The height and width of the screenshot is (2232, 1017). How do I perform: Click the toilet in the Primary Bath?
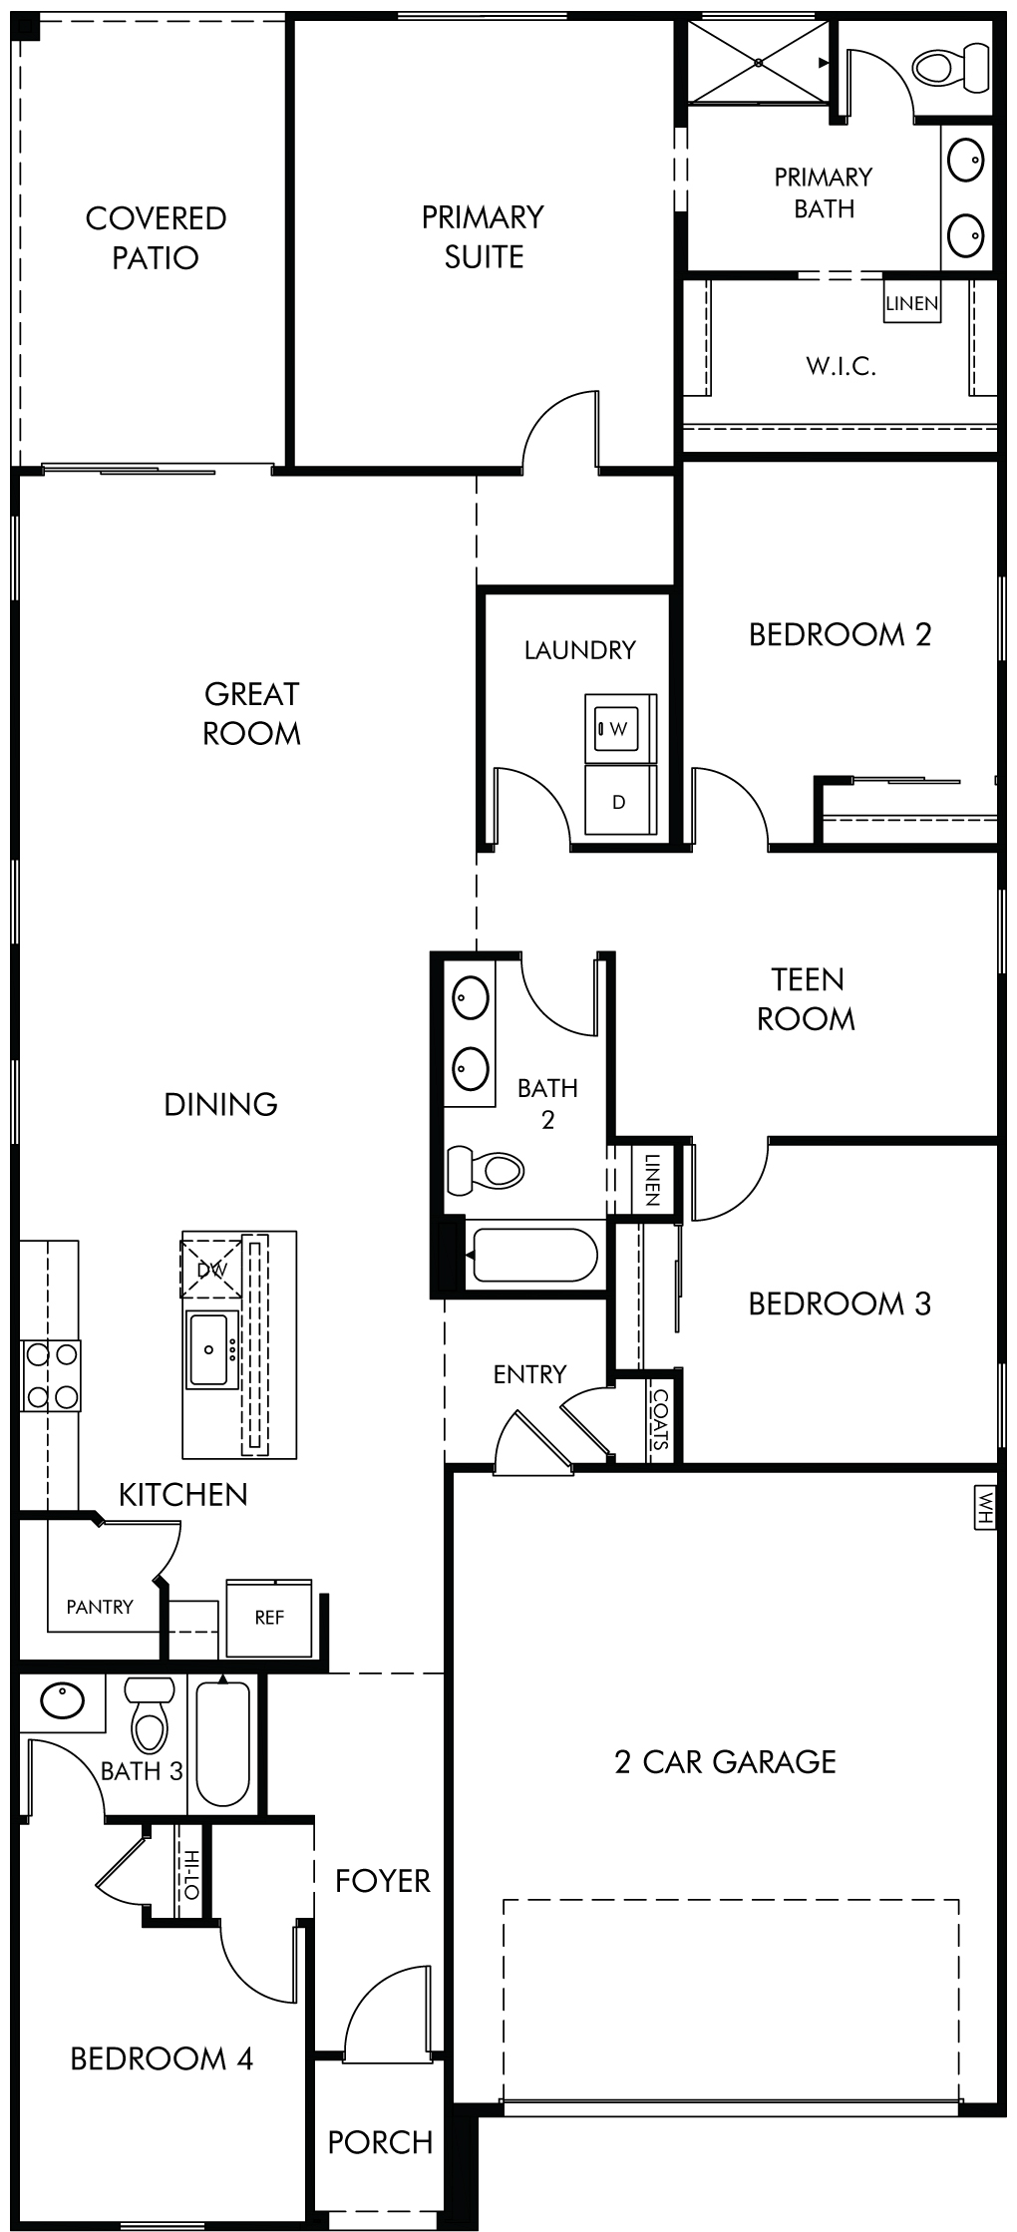pos(951,67)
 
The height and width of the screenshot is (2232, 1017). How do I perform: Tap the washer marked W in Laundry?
pos(620,729)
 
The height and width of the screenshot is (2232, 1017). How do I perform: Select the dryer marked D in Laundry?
pos(620,801)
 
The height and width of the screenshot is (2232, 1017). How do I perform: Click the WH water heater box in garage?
pos(985,1507)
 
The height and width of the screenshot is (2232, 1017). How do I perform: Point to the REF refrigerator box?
pos(269,1618)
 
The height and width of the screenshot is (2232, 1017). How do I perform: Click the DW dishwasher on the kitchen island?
pos(211,1270)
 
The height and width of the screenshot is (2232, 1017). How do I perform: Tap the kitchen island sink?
pos(210,1349)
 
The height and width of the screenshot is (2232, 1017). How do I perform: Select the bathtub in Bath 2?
pos(534,1255)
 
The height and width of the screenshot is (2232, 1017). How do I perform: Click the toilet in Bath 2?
pos(487,1170)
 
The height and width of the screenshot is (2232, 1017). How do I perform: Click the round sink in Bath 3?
pos(62,1700)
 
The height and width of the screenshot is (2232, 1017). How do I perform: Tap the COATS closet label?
pos(660,1418)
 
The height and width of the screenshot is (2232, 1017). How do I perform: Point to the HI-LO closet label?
pos(190,1874)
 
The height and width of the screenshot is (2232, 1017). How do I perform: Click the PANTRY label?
pos(100,1607)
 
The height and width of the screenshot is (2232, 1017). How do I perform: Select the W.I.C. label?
pos(842,366)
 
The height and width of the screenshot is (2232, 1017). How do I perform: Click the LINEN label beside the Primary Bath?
pos(912,303)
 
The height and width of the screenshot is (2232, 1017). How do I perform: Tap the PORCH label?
pos(380,2142)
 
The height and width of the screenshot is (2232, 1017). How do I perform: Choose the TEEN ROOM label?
pos(807,999)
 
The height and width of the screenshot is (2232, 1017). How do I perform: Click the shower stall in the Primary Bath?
pos(759,62)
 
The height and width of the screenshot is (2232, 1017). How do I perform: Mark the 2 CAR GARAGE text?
pos(726,1762)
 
